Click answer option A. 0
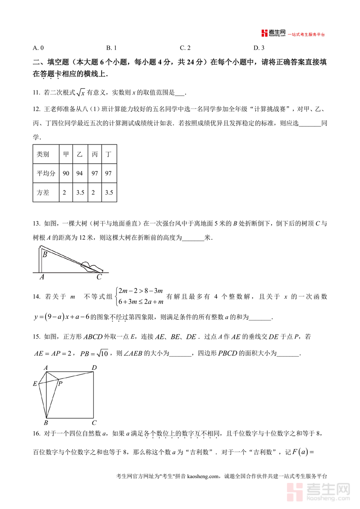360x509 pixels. click(x=38, y=48)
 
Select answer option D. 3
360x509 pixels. click(x=259, y=48)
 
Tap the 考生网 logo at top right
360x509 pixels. click(x=273, y=33)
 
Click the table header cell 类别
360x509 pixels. click(x=43, y=154)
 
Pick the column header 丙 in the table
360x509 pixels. click(x=95, y=154)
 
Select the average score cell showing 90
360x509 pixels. click(x=66, y=173)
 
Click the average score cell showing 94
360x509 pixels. click(x=80, y=173)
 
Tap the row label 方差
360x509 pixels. click(x=43, y=192)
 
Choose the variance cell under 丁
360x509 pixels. click(x=109, y=192)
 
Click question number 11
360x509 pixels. click(x=36, y=93)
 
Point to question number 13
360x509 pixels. click(x=36, y=223)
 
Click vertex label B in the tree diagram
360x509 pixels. click(x=45, y=254)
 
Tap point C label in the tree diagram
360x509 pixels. click(x=99, y=277)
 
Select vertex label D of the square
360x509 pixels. click(x=94, y=368)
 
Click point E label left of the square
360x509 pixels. click(x=35, y=384)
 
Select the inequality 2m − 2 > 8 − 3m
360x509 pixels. click(x=140, y=291)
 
